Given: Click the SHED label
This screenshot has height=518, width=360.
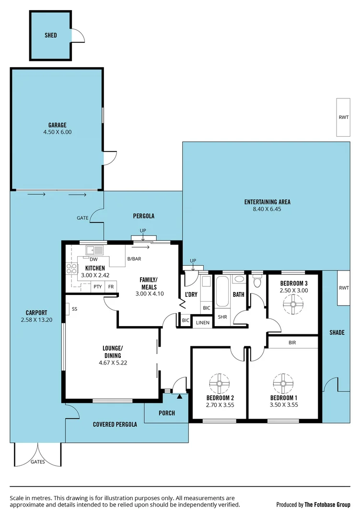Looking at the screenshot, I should coord(51,35).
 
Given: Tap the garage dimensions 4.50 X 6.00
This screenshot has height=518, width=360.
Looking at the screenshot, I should coord(57,132).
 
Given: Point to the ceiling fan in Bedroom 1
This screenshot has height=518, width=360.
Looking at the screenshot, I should coord(283,383).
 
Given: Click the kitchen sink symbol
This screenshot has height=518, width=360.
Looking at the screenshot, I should coord(95,250).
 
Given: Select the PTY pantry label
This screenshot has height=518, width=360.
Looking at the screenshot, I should coord(97,287).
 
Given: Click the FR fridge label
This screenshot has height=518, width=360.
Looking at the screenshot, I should coord(111,287).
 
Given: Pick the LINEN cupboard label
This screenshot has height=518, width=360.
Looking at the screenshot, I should coord(203,323).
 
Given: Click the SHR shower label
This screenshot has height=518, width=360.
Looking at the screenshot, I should coord(222,317).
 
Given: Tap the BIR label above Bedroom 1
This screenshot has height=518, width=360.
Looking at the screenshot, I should coord(292,343).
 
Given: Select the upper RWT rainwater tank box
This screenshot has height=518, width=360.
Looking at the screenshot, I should coord(343,117).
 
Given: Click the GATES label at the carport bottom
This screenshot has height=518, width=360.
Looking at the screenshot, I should coord(38,462).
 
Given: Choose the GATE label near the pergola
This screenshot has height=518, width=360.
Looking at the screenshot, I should coord(82,218).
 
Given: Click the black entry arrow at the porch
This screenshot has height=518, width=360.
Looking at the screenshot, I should coord(179,396).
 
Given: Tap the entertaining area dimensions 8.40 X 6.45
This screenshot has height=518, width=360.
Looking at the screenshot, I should coord(267,209).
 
